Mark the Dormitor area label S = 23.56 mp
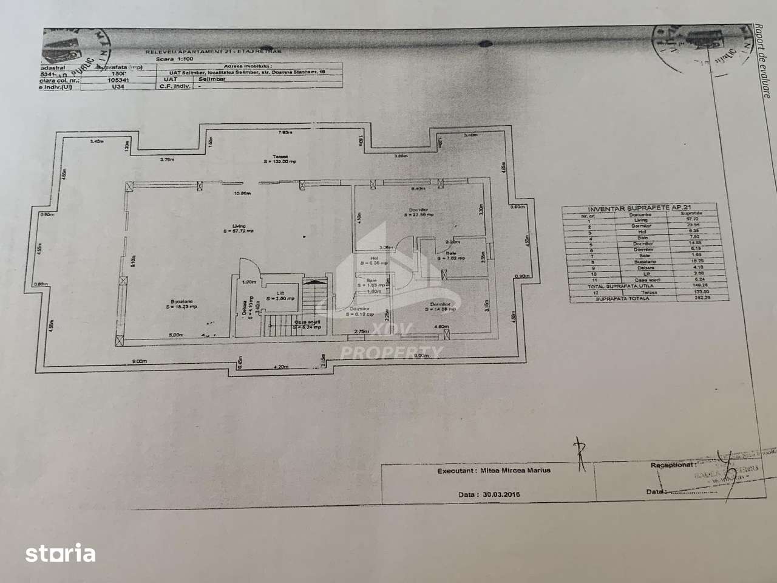click(421, 214)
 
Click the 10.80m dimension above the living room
click(242, 194)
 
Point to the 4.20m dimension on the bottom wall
click(280, 367)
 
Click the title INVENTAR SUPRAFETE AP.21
click(639, 208)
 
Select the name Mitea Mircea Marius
click(516, 470)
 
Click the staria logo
click(60, 553)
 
